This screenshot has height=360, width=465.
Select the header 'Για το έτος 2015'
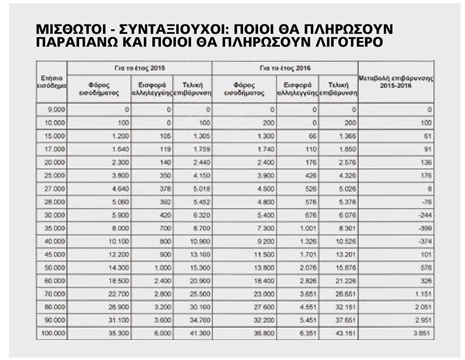click(x=140, y=68)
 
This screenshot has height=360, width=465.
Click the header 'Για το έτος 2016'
click(x=285, y=68)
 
